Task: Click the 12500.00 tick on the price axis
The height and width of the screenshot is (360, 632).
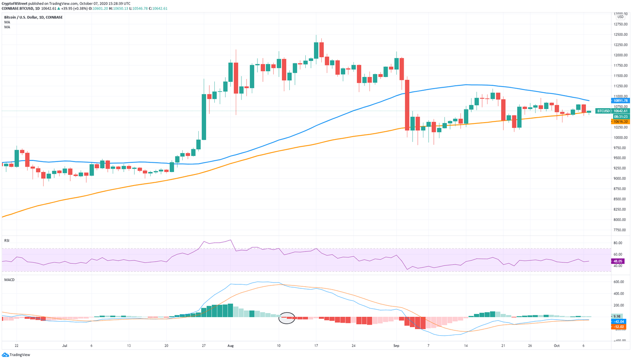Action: (x=620, y=35)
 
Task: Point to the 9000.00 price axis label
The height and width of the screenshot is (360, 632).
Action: (x=620, y=179)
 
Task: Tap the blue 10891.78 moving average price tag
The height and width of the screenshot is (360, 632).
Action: (x=620, y=101)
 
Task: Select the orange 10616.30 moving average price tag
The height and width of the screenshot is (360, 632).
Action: (x=620, y=122)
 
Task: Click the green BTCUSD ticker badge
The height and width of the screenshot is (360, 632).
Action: (x=603, y=111)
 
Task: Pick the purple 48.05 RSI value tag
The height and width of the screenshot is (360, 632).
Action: (x=618, y=261)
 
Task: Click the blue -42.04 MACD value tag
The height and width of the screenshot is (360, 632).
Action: (x=618, y=321)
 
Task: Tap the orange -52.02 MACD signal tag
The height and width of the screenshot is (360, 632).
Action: (x=618, y=327)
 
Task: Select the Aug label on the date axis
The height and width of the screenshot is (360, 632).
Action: (x=230, y=346)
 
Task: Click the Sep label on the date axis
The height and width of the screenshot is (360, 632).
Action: (x=396, y=346)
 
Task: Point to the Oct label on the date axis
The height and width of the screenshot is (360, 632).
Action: (x=556, y=346)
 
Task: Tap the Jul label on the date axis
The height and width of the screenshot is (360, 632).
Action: (x=65, y=346)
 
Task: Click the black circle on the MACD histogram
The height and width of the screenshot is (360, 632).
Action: (x=287, y=318)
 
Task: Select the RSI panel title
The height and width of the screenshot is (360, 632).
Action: (x=7, y=241)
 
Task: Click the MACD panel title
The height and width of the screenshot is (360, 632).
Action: (x=9, y=280)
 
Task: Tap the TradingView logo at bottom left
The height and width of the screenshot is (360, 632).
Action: (x=16, y=355)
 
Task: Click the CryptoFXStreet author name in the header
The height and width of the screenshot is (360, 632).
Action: (x=14, y=3)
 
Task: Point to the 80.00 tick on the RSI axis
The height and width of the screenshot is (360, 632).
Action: (x=618, y=243)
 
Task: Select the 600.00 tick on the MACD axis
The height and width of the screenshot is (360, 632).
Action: (x=619, y=282)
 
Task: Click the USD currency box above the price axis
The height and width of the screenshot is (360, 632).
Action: (x=620, y=17)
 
